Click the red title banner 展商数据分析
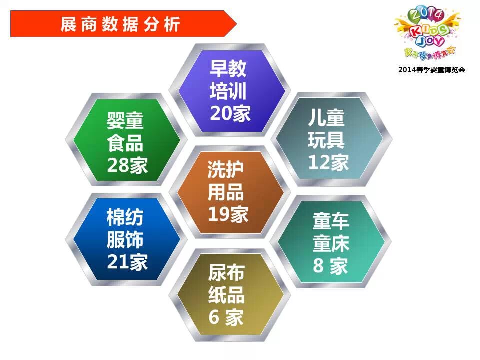(123, 24)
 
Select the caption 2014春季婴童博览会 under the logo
(431, 70)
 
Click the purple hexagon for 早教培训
(229, 91)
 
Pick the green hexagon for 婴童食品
(126, 140)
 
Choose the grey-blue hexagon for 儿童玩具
(331, 139)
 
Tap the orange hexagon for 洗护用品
(229, 192)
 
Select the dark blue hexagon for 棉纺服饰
(126, 239)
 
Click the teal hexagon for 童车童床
(331, 242)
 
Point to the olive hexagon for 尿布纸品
(229, 295)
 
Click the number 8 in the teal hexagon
(318, 265)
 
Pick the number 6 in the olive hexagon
(214, 317)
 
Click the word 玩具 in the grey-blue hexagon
(326, 140)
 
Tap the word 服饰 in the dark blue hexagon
(125, 240)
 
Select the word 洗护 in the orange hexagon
(226, 170)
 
